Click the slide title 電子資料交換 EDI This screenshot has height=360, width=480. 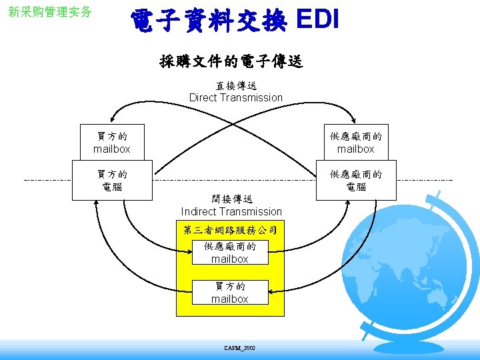pos(235,21)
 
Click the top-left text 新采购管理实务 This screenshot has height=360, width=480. pos(50,12)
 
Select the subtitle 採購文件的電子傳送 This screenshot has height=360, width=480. pos(231,62)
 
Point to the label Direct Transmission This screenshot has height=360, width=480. pos(236,97)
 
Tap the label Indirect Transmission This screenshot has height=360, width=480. pos(231,211)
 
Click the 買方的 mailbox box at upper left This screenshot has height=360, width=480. pos(112,142)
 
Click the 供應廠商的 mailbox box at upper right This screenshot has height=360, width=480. pos(355,142)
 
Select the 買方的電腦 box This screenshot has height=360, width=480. pos(112,180)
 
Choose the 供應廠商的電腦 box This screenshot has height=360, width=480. pos(356,180)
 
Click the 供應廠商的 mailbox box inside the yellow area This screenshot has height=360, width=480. pos(229,252)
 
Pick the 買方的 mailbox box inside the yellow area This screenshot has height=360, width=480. pos(229,292)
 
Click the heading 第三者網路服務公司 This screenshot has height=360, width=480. pos(230,231)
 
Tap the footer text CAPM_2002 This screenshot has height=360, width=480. pos(240,348)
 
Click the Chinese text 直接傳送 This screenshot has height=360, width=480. pos(236,86)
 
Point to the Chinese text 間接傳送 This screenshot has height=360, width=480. pos(231,199)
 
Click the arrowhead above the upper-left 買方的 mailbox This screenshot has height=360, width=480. pos(113,121)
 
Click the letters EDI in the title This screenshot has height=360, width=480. pos(317,21)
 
